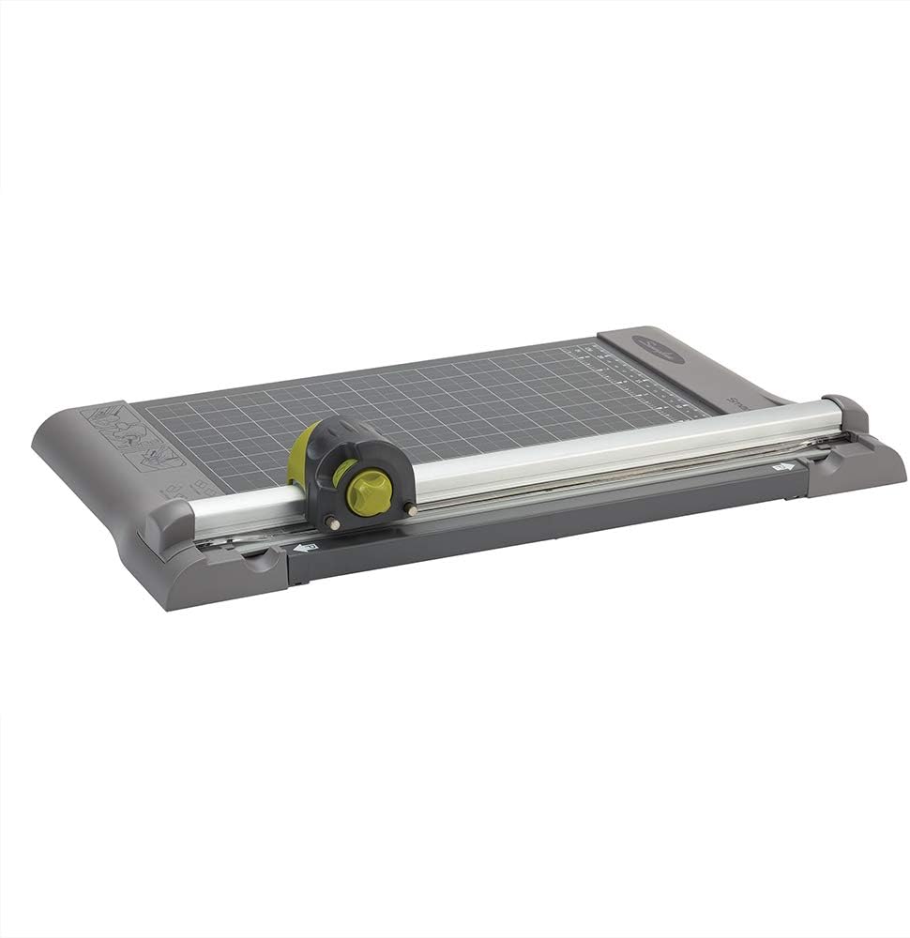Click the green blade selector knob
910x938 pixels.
(368, 491)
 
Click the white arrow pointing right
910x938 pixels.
(781, 464)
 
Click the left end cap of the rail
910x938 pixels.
(167, 525)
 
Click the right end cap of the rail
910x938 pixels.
(846, 414)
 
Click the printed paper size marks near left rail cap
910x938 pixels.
(183, 488)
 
